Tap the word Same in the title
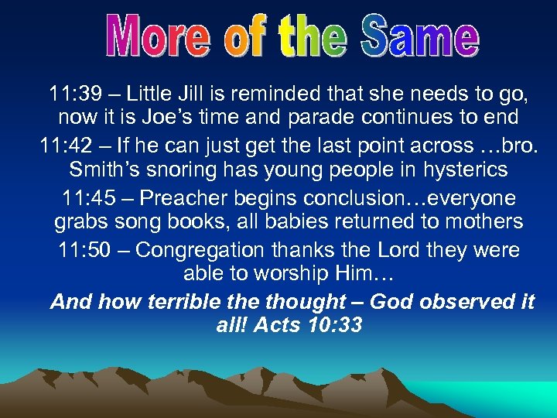[421, 37]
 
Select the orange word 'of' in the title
[247, 37]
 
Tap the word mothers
[480, 223]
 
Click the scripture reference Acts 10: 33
[309, 326]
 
